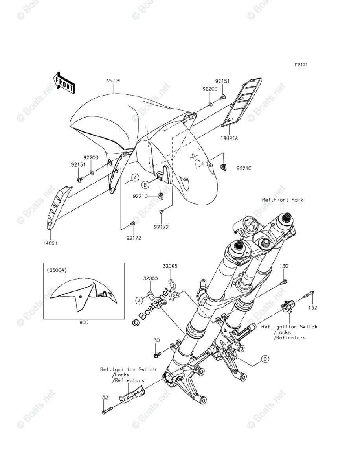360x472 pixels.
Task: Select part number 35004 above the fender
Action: tap(113, 80)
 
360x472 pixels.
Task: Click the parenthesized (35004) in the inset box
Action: tap(57, 270)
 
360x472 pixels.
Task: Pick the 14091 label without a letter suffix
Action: tap(50, 243)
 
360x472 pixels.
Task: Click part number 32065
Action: tap(171, 266)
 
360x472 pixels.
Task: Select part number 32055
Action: tap(151, 278)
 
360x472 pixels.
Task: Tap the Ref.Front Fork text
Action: tap(282, 200)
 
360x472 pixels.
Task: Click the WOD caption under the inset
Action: tap(83, 323)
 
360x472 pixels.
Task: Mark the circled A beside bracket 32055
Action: tap(139, 301)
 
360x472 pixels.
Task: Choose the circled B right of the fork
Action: tap(265, 359)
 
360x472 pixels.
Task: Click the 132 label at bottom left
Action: tap(103, 398)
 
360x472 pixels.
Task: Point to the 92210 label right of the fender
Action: tap(244, 168)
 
